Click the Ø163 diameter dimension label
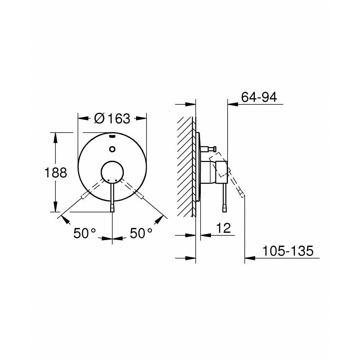point(112,118)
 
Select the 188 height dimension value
point(55,172)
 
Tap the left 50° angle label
point(85,233)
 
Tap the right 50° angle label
point(141,233)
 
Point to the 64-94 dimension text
point(259,97)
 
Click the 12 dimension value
point(224,228)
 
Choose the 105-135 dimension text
point(288,251)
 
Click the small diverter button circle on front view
point(112,149)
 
